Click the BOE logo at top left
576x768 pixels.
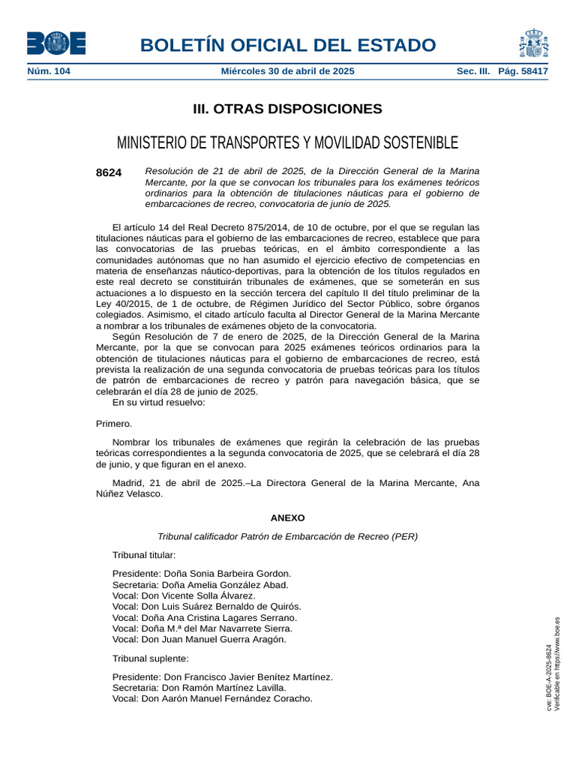56,43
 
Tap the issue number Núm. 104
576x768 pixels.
49,71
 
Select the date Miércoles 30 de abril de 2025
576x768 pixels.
287,71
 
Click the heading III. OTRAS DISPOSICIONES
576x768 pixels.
287,109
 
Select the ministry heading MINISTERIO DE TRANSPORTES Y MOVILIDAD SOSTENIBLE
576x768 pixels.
287,142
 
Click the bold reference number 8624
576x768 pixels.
109,172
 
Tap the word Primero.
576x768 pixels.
114,424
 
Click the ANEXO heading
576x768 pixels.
287,517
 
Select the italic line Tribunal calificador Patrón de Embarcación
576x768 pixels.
287,536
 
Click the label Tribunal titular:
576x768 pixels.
144,555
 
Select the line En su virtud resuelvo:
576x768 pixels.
158,402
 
